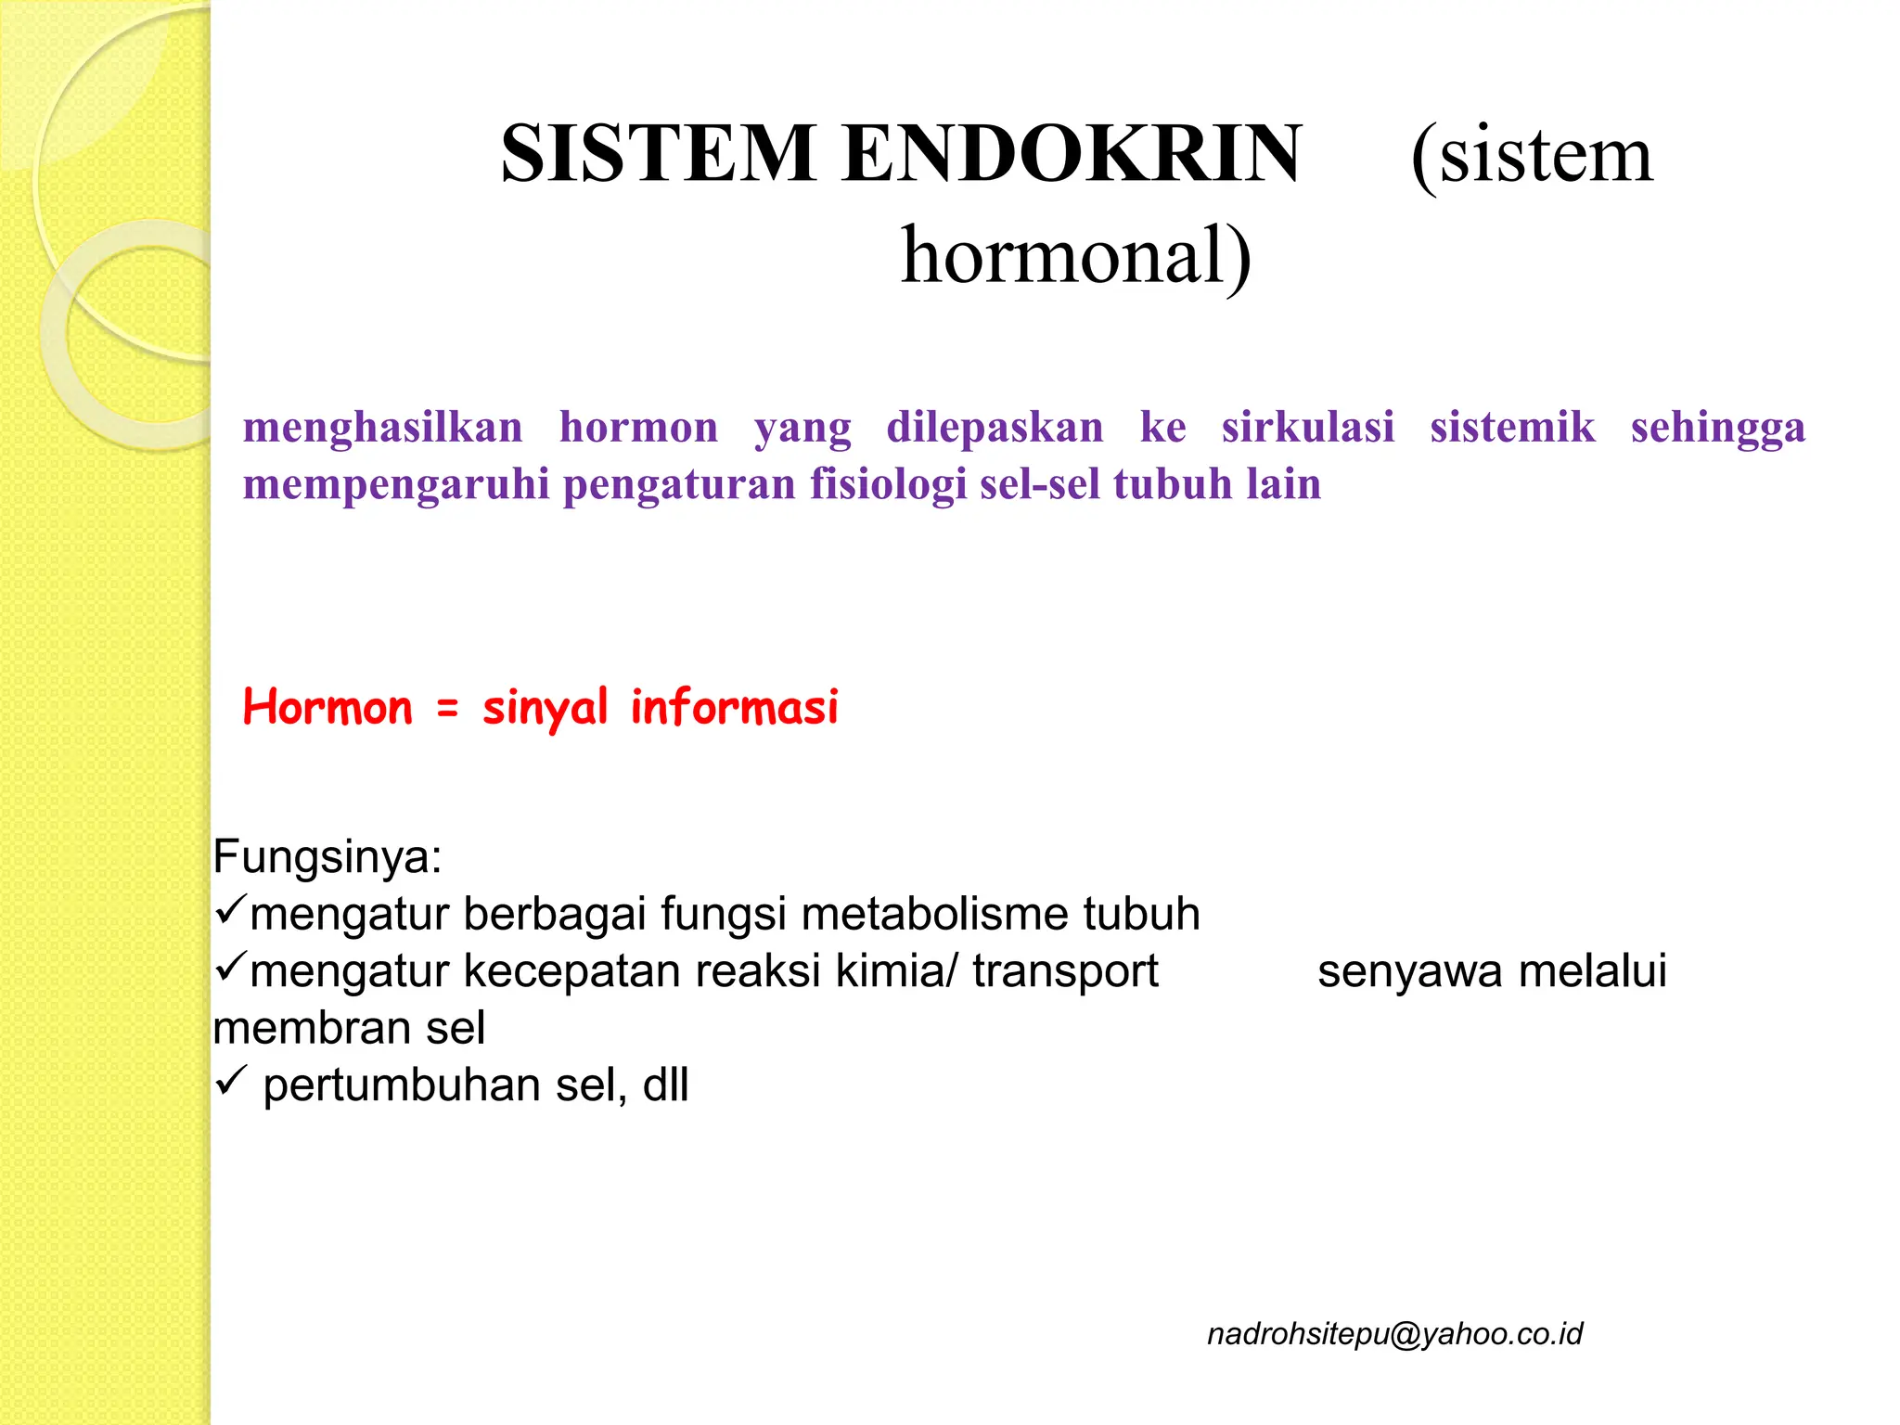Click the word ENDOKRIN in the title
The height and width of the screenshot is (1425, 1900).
1072,154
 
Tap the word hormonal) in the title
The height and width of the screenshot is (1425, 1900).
1076,256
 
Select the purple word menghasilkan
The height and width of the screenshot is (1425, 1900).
383,428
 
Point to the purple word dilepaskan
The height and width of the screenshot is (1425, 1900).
995,428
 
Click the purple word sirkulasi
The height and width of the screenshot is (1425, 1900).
1307,428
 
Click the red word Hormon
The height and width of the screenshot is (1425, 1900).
327,708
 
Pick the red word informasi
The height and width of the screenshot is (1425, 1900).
734,708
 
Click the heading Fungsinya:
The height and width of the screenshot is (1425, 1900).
327,857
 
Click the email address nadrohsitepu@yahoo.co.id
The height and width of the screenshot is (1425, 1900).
1394,1334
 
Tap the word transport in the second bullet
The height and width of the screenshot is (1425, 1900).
1065,972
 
